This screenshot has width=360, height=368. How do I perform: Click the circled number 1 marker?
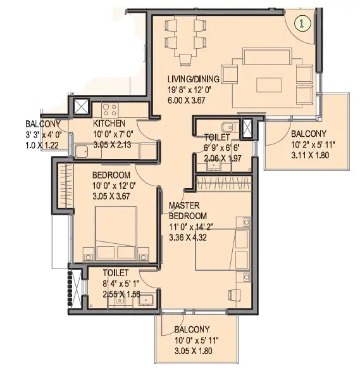point(302,23)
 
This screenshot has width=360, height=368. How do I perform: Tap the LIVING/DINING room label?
point(194,79)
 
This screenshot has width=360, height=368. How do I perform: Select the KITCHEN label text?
point(109,124)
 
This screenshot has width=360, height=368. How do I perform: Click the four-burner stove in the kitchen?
point(110,110)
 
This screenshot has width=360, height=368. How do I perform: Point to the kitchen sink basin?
point(82,151)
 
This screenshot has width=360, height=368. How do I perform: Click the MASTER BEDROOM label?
point(188,210)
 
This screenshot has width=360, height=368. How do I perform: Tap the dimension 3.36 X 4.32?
point(188,238)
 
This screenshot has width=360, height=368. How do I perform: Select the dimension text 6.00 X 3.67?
point(187,101)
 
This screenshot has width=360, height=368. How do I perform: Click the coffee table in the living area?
point(269,85)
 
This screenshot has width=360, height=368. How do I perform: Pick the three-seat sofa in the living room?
point(268,56)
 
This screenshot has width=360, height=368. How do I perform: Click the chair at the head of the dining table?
point(185,60)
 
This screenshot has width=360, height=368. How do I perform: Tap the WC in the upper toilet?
point(227,127)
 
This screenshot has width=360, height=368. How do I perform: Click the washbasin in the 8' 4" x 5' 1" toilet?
point(146,300)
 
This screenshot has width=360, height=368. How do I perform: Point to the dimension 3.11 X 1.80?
point(310,155)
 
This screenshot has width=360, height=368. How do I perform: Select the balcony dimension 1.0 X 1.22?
point(42,145)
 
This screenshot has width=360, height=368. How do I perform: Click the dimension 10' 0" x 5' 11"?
point(196,340)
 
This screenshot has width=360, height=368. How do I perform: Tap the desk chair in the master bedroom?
point(234,295)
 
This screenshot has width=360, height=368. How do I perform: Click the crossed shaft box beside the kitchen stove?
point(82,107)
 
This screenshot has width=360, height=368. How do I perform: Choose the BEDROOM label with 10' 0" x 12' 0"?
point(111,175)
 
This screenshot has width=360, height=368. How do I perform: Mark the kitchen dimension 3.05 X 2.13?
point(112,144)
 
